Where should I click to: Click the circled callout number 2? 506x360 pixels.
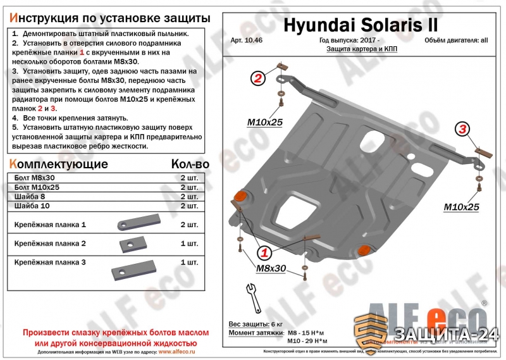tap(257, 78)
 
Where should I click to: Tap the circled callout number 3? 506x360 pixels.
tap(463, 130)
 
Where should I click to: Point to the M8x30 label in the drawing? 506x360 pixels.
tap(271, 270)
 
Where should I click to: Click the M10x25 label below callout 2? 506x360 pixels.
tap(264, 121)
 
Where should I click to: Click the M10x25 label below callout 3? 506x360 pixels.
tap(461, 206)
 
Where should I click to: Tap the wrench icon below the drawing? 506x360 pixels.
tap(251, 294)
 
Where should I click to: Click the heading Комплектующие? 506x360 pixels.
tap(57, 164)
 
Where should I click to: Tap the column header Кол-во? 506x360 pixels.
tap(190, 164)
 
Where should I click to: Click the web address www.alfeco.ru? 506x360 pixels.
tap(180, 351)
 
